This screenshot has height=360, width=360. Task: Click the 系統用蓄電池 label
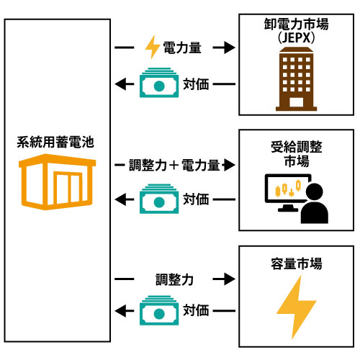coord(55,142)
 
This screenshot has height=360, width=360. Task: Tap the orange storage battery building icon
coord(57,181)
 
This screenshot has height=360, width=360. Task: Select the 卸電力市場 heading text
coord(296,24)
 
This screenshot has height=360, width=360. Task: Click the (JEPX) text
coord(296,38)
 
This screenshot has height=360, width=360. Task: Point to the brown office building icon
coord(296,79)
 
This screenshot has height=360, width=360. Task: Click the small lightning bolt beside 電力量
coord(153,47)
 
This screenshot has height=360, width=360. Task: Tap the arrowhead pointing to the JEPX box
coord(230,48)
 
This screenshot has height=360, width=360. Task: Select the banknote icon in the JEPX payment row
coord(159,83)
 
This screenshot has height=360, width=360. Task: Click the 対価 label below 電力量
coord(196,84)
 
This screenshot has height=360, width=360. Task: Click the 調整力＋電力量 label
coord(174,165)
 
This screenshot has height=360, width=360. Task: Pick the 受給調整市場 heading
coord(297,153)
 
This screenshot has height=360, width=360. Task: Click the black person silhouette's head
coord(315,192)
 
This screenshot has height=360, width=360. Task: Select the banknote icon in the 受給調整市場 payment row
coord(159,199)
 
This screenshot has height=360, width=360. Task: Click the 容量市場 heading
coord(297,264)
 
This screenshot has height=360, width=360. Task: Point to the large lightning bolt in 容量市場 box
coord(297,307)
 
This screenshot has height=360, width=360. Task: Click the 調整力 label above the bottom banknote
coord(174,279)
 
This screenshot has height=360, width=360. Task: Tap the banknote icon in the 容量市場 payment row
coord(159,310)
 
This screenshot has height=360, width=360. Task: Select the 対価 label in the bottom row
coord(196,310)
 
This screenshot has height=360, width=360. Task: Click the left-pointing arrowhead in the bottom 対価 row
coord(120,311)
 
